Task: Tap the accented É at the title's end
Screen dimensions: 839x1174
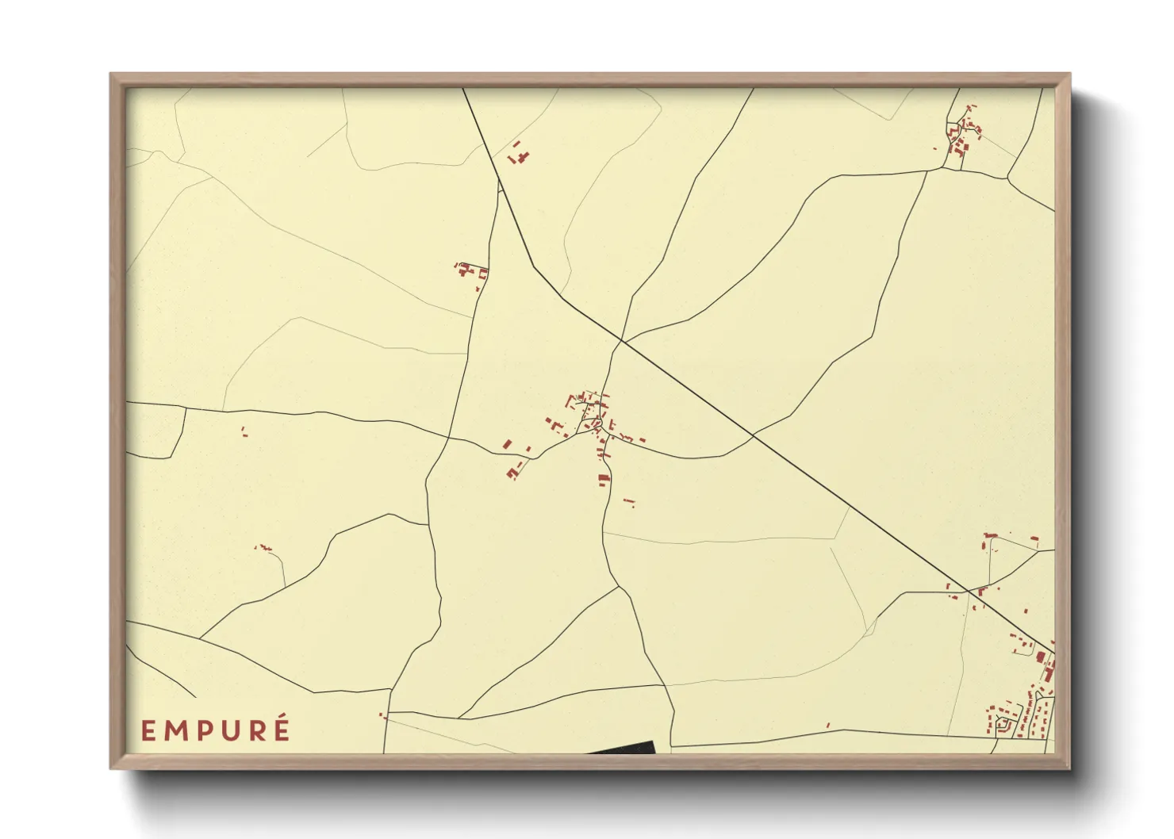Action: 280,729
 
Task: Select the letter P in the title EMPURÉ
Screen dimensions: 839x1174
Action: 202,731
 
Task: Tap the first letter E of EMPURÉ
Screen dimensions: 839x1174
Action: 148,731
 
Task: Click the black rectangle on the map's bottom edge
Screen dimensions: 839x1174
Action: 623,748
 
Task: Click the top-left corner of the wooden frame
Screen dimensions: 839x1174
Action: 111,75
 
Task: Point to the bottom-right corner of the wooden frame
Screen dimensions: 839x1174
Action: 1068,768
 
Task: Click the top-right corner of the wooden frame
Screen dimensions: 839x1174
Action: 1068,75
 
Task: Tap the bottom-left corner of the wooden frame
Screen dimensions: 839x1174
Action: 111,768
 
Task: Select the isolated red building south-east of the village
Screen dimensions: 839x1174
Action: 629,501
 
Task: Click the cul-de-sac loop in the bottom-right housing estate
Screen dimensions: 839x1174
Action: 1005,724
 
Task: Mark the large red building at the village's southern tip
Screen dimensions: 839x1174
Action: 603,479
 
